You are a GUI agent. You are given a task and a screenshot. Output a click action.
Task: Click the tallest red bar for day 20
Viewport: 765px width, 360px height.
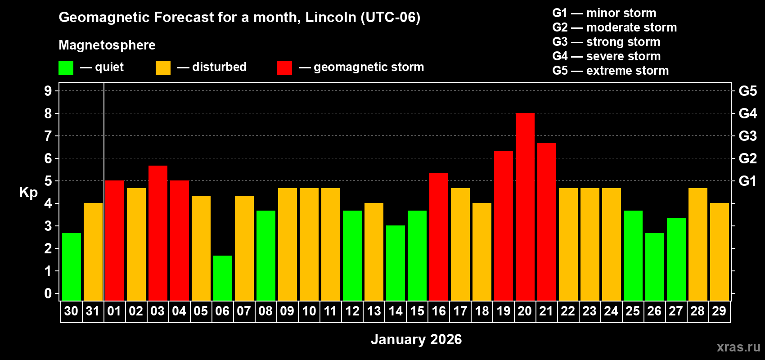coord(525,207)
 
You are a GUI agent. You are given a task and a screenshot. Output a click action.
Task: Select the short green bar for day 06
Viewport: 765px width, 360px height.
coord(222,278)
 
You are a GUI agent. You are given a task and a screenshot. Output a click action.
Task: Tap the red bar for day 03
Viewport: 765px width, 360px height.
coord(157,233)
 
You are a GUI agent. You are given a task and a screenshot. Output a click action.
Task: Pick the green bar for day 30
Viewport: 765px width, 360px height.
coord(71,266)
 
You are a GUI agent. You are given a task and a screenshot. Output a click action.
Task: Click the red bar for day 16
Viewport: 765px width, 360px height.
coord(438,237)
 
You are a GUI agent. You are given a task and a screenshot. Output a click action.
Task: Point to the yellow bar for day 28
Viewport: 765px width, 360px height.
coord(697,244)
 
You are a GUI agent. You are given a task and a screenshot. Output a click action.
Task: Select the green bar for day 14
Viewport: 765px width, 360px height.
coord(395,263)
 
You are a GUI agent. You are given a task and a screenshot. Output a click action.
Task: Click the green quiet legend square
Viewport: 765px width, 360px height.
coord(66,68)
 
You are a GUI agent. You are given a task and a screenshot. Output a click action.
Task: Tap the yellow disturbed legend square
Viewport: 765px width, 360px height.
coord(163,68)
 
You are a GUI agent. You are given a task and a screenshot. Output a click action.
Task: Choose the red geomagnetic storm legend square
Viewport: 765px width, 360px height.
coord(284,68)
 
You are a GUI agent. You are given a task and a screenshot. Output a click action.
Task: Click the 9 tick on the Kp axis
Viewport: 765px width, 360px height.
coord(48,91)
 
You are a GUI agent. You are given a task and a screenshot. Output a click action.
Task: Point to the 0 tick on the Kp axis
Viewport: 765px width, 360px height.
coord(48,293)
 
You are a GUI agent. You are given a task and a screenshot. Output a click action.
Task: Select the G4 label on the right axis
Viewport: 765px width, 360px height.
coord(747,113)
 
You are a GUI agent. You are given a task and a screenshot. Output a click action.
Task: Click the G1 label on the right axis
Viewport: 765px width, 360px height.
coord(747,181)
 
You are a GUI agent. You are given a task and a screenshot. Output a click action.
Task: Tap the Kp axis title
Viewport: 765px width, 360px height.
coord(28,193)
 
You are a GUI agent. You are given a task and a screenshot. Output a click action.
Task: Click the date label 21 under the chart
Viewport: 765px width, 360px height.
coord(546,311)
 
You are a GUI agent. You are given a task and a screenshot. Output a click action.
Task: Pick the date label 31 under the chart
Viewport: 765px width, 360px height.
coord(92,311)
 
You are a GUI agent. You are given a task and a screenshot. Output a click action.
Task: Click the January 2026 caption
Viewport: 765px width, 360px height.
coord(416,339)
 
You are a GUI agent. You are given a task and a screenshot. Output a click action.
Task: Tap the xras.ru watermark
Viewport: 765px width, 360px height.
coord(738,346)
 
